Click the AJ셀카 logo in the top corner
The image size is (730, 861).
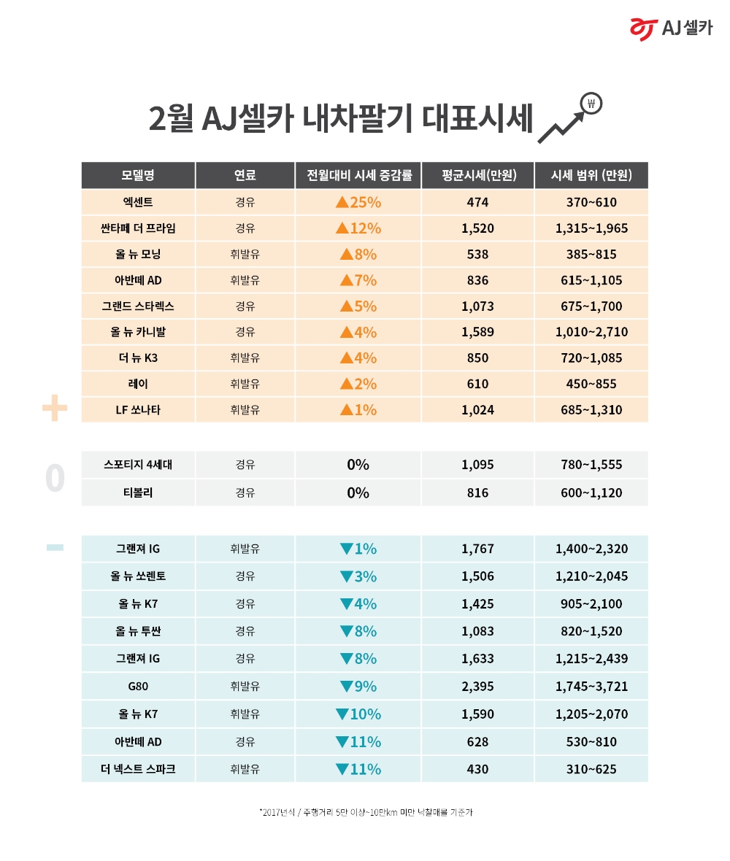671,27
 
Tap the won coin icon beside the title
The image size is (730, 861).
591,104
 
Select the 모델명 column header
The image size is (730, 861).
138,175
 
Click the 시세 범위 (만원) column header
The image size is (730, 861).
591,175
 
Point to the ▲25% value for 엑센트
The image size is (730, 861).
358,202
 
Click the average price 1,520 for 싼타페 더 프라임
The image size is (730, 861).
477,228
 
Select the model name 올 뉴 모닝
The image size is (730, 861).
138,255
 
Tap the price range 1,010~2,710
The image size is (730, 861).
591,332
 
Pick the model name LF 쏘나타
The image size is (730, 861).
138,409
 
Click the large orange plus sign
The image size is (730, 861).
55,409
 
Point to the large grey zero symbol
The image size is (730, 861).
55,479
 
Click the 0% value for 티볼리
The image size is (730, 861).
358,493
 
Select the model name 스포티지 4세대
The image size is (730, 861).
138,465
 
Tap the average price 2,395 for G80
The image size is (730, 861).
477,686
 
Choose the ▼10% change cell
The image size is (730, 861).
358,714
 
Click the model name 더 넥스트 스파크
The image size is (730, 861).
138,769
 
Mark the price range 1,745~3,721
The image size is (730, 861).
591,686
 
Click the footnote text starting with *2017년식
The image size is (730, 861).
365,812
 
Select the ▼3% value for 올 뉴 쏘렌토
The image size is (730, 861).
358,576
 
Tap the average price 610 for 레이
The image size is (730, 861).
477,384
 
